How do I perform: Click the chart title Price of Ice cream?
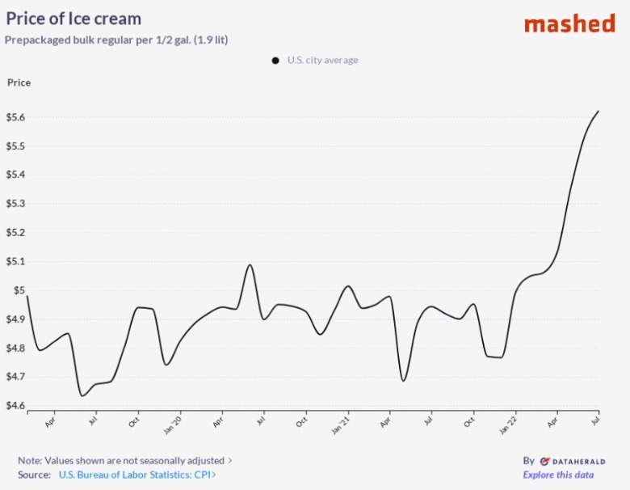(x=73, y=19)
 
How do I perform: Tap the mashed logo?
(x=569, y=23)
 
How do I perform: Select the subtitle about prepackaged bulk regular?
(x=116, y=40)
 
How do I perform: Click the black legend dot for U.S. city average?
(x=275, y=61)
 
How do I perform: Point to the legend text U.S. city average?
(x=322, y=61)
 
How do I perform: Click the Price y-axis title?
(x=19, y=82)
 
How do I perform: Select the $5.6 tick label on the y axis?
(x=16, y=117)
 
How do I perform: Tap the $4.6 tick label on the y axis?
(x=16, y=406)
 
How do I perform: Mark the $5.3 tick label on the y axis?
(x=16, y=204)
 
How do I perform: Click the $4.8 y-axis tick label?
(x=16, y=348)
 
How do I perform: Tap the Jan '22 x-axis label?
(x=510, y=422)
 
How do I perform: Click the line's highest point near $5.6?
(x=598, y=112)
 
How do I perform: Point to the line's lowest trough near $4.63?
(x=82, y=395)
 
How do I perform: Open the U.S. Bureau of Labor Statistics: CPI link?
(x=136, y=475)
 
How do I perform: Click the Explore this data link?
(x=558, y=475)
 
